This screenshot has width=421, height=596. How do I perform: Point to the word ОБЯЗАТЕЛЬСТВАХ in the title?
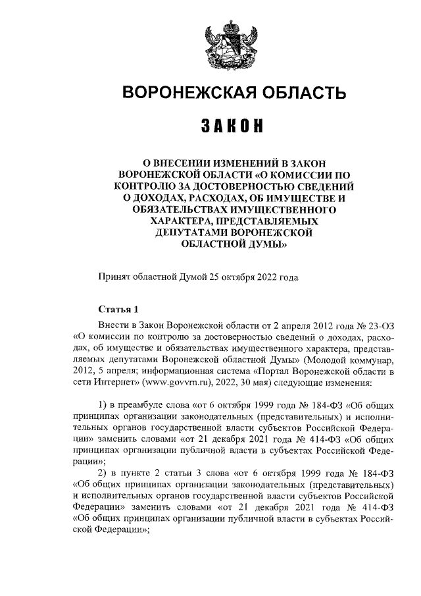point(180,209)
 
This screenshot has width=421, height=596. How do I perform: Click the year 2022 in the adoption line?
point(265,277)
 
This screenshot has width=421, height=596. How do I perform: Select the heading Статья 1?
point(118,309)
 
